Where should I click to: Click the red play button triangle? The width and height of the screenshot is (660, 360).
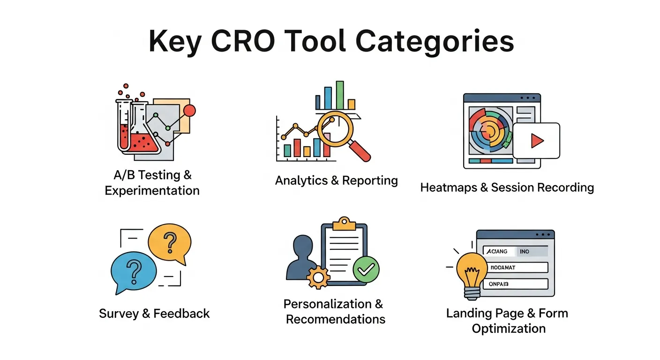(537, 141)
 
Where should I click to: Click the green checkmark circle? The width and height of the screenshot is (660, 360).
(366, 269)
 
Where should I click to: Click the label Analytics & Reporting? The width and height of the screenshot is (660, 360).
(336, 180)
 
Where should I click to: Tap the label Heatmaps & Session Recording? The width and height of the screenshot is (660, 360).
(507, 187)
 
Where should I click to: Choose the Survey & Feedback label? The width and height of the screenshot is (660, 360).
(154, 314)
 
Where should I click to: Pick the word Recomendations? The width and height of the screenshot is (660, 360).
(336, 320)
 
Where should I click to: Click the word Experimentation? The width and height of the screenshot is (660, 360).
(152, 191)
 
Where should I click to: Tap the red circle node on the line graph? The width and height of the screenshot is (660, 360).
(190, 111)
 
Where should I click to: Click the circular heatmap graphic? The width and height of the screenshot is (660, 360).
(488, 129)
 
